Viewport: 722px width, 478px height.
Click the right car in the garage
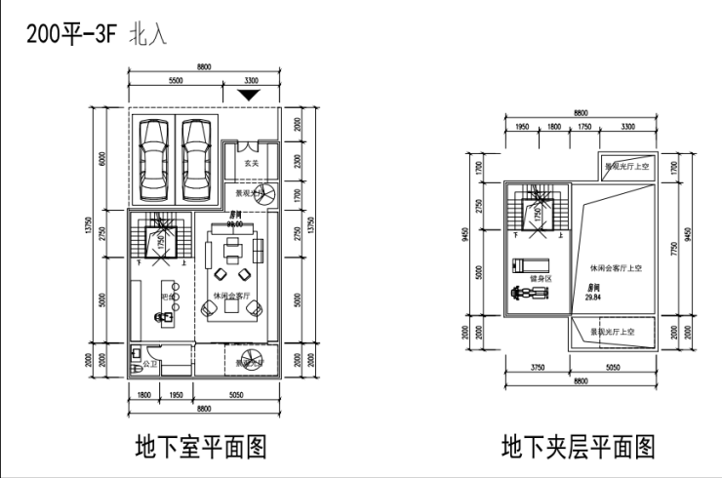[x=197, y=157]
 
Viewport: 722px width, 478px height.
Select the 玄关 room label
[x=251, y=163]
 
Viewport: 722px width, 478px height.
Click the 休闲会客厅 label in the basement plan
[x=233, y=295]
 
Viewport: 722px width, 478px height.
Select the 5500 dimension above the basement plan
[x=177, y=80]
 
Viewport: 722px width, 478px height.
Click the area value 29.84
[x=593, y=298]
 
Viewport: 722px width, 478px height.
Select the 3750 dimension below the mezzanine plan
[x=537, y=367]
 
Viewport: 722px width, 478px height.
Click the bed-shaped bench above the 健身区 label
[x=532, y=262]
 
